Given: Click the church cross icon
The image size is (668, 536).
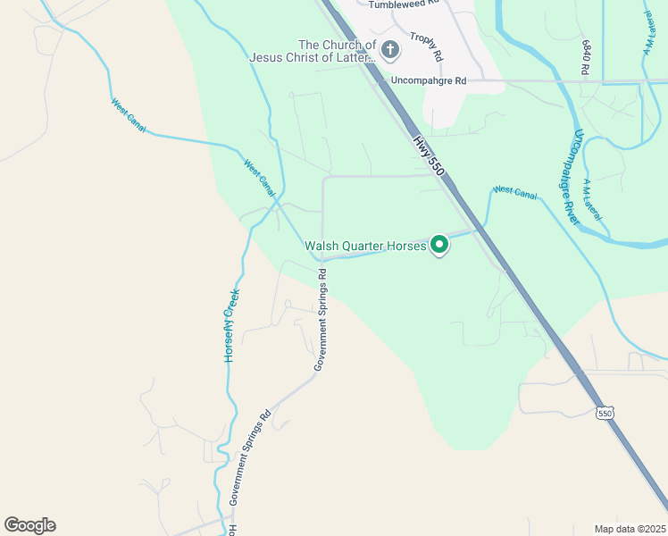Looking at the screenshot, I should [x=389, y=49].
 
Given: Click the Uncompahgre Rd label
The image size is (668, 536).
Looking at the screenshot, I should [x=429, y=80].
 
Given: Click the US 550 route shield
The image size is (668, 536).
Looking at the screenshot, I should [x=605, y=413].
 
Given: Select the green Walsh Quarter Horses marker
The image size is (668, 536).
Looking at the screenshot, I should [x=439, y=244].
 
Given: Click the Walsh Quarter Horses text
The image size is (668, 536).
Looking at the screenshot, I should [x=364, y=245].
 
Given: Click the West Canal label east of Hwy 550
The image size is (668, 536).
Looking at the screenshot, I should [x=514, y=191].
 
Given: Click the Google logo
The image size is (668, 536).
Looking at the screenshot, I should [x=29, y=525].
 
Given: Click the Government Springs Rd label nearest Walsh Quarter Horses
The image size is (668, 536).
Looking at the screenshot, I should [x=321, y=321].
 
